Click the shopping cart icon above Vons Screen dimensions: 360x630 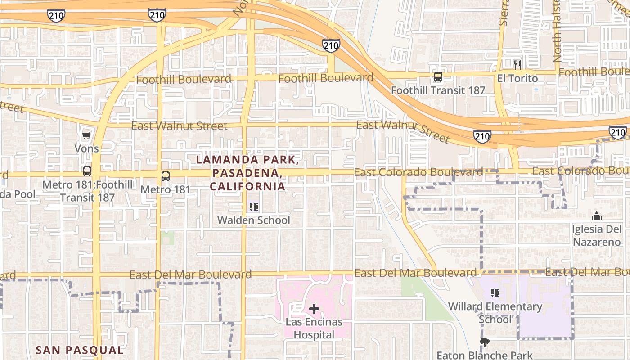tap(86, 135)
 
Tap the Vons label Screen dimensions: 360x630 tap(87, 148)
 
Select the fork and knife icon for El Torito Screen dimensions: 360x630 tap(517, 65)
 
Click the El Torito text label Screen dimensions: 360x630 tap(517, 78)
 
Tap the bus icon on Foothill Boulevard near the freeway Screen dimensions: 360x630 tap(438, 77)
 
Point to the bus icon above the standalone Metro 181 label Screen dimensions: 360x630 tap(166, 176)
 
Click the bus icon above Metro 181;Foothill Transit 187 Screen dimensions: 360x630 tap(87, 171)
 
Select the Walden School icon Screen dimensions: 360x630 tap(254, 207)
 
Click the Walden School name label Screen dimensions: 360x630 tap(254, 220)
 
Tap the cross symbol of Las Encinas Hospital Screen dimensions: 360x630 tap(314, 309)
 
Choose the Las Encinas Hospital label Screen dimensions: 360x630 tap(314, 328)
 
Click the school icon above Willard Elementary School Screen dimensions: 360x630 tap(495, 293)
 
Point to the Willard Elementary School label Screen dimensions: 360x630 tap(495, 313)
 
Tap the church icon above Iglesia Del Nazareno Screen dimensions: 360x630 tap(597, 216)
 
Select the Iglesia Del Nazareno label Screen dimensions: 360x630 tap(597, 235)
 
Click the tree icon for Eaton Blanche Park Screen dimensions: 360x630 tap(484, 343)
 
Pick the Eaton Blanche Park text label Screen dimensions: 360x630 tap(484, 355)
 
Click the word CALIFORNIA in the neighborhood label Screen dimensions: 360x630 tap(247, 186)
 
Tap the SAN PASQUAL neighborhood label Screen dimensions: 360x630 tap(79, 350)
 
